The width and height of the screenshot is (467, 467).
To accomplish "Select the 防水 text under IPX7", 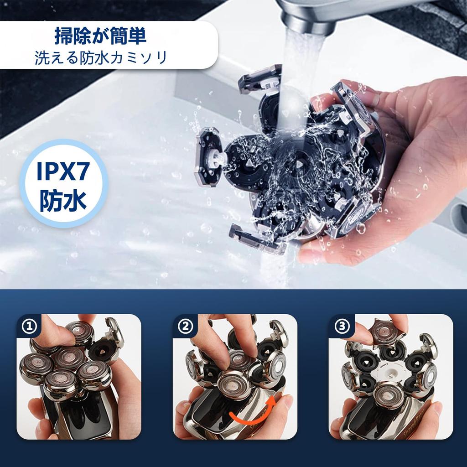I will (63, 201).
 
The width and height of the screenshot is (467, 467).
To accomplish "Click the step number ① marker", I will (28, 326).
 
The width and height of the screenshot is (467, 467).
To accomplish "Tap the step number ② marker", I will (184, 326).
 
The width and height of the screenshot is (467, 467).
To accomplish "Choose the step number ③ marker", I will (341, 326).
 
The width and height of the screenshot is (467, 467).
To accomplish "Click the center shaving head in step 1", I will (69, 358).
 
